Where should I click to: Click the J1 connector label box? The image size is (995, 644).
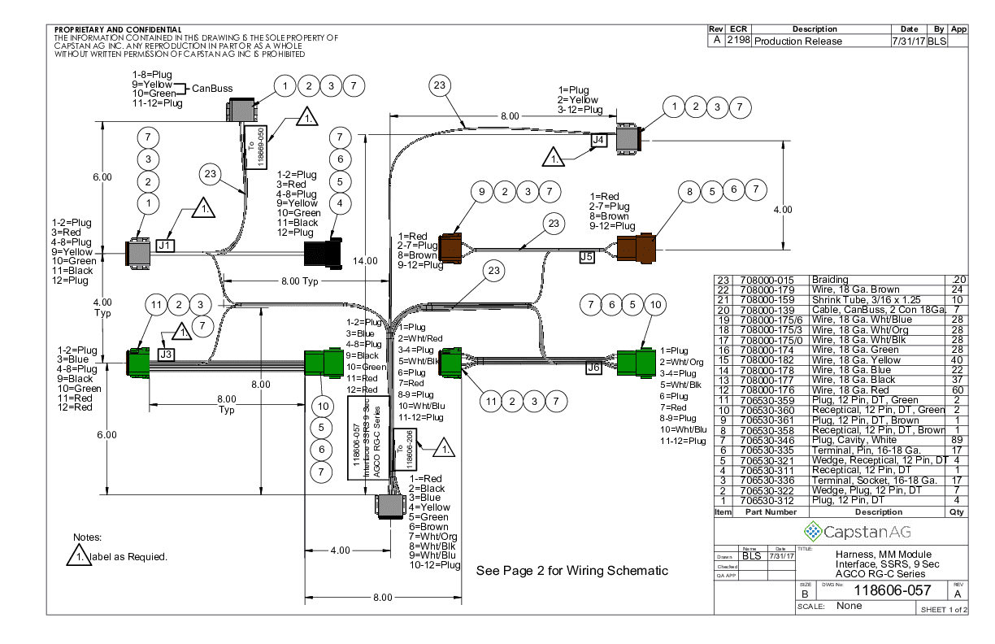click(x=165, y=244)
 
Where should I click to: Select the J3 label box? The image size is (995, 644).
click(x=165, y=355)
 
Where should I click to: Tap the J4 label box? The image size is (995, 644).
click(x=598, y=140)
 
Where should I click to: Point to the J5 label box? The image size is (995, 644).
click(x=587, y=257)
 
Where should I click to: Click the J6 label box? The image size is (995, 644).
click(x=593, y=368)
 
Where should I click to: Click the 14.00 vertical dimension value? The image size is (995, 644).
click(x=366, y=260)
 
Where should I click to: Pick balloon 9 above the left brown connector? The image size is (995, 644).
click(x=482, y=192)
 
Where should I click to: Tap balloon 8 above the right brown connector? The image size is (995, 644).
click(x=690, y=192)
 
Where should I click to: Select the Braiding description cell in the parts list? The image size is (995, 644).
click(x=830, y=279)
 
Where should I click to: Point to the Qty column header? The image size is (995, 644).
click(x=958, y=512)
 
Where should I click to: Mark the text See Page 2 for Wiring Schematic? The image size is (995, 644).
click(x=571, y=571)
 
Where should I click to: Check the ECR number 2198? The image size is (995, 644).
click(x=738, y=41)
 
